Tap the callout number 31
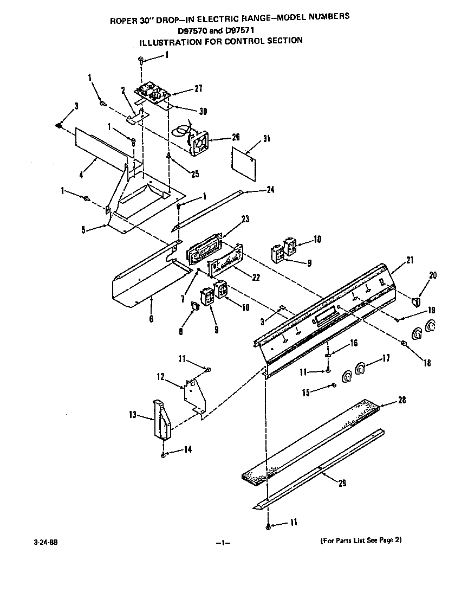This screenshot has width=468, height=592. click(265, 138)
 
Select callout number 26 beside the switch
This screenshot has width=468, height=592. click(220, 137)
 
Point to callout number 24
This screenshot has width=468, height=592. click(271, 190)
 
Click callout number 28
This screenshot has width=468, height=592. click(401, 400)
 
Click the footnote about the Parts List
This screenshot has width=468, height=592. click(361, 540)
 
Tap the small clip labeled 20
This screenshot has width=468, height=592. click(415, 301)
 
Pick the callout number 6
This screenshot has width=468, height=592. click(151, 319)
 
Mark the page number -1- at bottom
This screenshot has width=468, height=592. click(223, 543)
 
